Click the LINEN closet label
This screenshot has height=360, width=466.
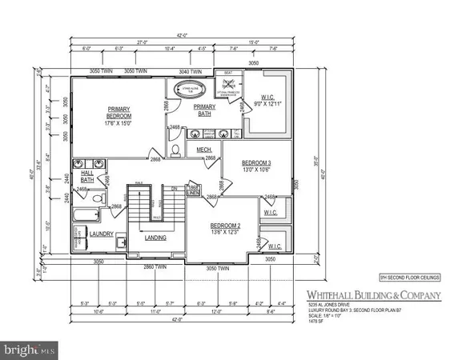[192, 189]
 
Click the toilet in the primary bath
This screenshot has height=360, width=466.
[178, 149]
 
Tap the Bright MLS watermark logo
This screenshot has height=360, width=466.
[30, 350]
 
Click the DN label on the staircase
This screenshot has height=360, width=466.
[175, 189]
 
